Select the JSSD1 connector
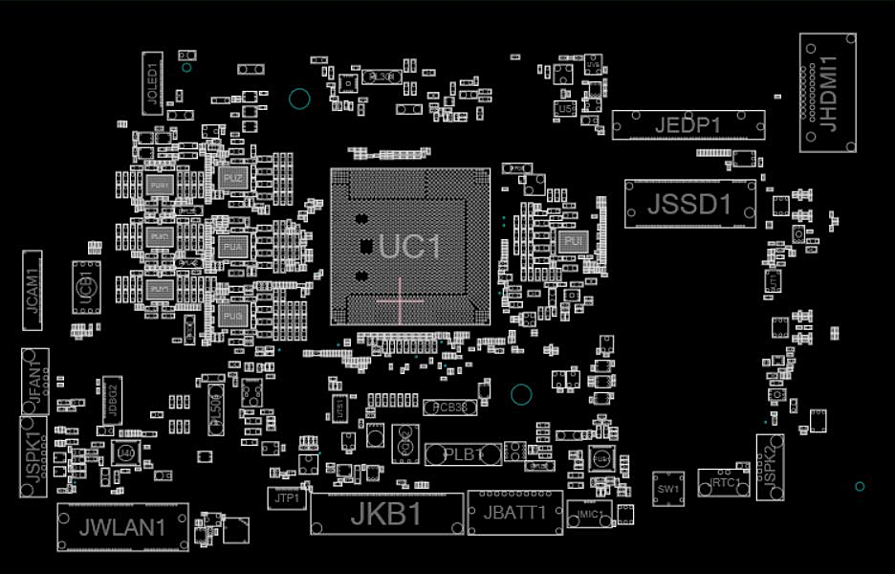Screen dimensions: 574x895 coord(689,204)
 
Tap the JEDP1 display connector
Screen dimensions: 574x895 coord(688,125)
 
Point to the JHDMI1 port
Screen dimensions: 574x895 coord(827,93)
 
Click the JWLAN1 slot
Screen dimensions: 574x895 coord(122,527)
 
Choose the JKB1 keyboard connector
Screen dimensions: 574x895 coord(386,515)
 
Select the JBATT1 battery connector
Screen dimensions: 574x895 coord(514,513)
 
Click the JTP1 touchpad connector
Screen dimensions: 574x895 coord(286,498)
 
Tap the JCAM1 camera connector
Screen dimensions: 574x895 coord(33,291)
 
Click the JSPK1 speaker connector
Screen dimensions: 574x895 coord(33,456)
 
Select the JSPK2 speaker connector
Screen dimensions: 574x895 coord(770,466)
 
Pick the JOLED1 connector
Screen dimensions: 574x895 coord(152,83)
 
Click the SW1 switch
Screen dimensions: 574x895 coord(668,489)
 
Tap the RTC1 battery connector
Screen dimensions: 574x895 coord(726,483)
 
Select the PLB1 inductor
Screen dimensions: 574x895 coord(464,454)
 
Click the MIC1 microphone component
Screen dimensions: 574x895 coord(589,515)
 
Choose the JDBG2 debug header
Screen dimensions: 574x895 coord(112,399)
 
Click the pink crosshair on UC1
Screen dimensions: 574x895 coord(400,300)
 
